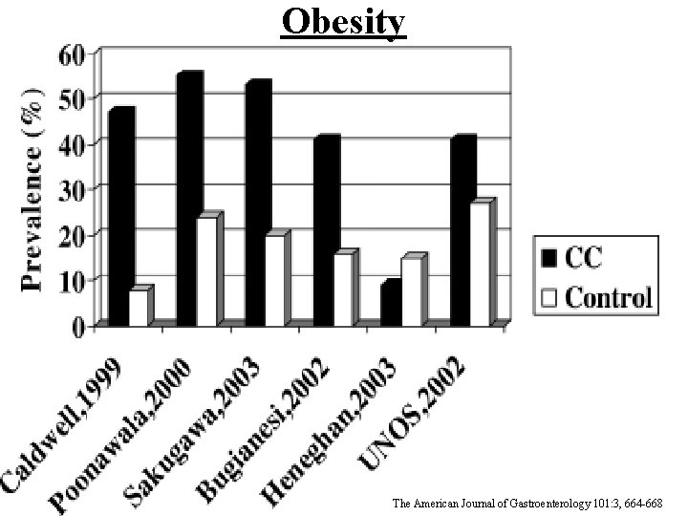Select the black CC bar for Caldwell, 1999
pyautogui.click(x=119, y=220)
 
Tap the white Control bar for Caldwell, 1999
pyautogui.click(x=140, y=308)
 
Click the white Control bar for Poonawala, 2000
pyautogui.click(x=206, y=272)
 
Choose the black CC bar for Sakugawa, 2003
pyautogui.click(x=256, y=206)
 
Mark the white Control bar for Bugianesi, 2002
pyautogui.click(x=342, y=290)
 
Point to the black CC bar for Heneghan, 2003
pyautogui.click(x=392, y=304)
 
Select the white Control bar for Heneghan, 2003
pyautogui.click(x=411, y=291)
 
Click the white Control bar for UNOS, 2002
pyautogui.click(x=479, y=265)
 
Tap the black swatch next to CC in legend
pyautogui.click(x=549, y=258)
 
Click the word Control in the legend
pyautogui.click(x=609, y=296)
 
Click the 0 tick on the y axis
pyautogui.click(x=78, y=326)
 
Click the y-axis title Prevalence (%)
pyautogui.click(x=32, y=190)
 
